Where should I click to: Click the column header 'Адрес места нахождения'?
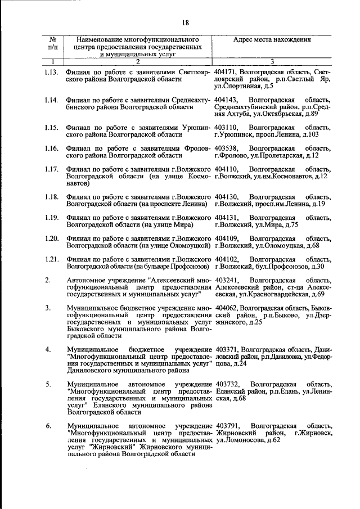272,40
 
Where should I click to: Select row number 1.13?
52,73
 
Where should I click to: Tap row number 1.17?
52,169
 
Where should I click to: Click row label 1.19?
52,217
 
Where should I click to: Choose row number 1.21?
52,259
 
